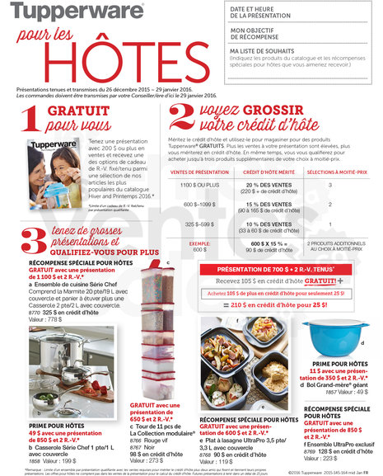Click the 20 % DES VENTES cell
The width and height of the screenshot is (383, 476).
click(264, 184)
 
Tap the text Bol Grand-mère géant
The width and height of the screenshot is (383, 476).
click(340, 384)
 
